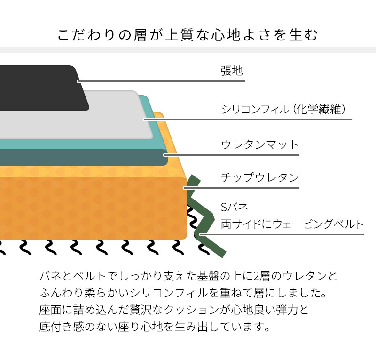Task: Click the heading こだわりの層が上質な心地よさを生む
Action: click(188, 35)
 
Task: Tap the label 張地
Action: click(232, 71)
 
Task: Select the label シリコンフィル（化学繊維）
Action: click(285, 110)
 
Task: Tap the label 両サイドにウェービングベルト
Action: click(292, 224)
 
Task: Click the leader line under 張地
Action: click(188, 81)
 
